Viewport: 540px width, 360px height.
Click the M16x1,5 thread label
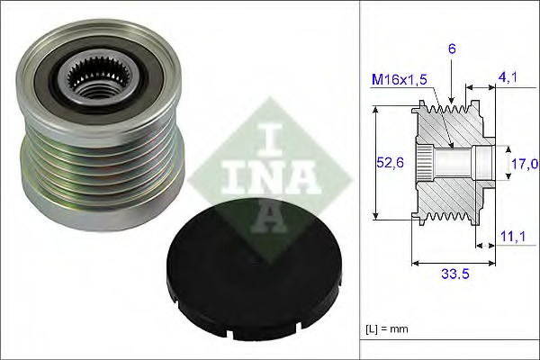(x=399, y=79)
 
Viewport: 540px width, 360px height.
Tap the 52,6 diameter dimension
(x=390, y=162)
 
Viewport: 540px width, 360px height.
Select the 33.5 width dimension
(x=455, y=274)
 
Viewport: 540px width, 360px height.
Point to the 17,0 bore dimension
(x=525, y=164)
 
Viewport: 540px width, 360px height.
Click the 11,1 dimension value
(x=513, y=237)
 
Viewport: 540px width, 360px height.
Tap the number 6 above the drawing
(x=452, y=49)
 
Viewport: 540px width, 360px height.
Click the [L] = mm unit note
(x=387, y=329)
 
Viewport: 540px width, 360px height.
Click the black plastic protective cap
(x=254, y=270)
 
